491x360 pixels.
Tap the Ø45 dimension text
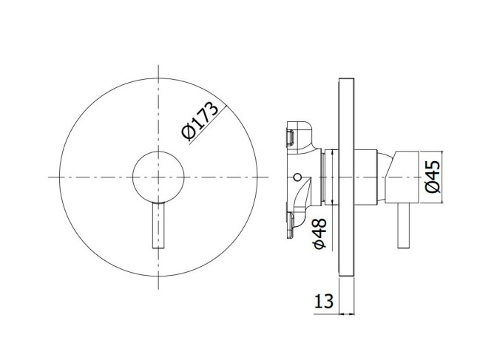coord(433,177)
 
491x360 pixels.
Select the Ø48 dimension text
coord(320,234)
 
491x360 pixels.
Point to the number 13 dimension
coord(324,301)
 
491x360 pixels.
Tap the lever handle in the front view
coord(158,225)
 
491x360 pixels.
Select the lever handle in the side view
coord(404,225)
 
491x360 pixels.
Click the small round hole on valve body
coord(298,177)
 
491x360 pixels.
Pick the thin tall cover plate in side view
coord(346,177)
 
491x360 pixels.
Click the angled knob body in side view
coord(402,177)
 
